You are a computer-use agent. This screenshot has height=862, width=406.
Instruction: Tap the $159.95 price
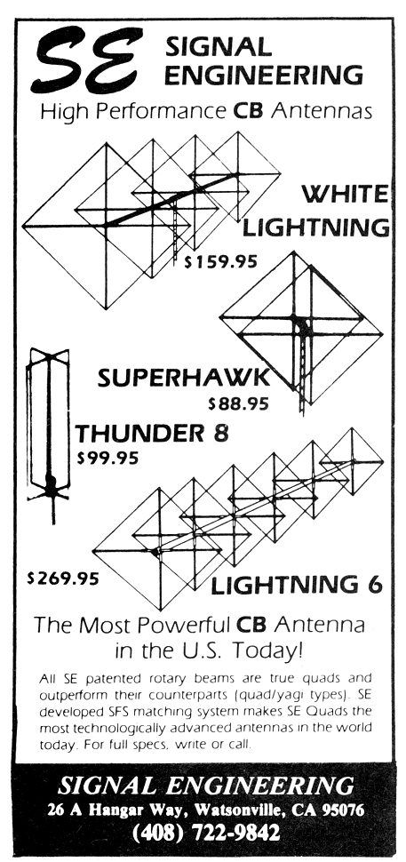tap(221, 261)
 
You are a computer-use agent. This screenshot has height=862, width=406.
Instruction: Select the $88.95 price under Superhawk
tap(238, 404)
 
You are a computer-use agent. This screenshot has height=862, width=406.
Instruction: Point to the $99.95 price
tap(107, 458)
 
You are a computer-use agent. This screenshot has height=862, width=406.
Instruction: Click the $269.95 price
tap(63, 579)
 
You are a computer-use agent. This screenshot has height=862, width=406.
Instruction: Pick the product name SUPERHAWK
tap(184, 378)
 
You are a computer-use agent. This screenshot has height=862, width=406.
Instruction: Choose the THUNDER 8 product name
tap(152, 433)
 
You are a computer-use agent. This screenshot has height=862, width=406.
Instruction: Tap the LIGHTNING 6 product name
tap(297, 586)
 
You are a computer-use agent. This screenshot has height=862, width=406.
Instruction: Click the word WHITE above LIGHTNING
tap(345, 194)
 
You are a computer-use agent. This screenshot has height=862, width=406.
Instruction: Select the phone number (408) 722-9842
tap(206, 833)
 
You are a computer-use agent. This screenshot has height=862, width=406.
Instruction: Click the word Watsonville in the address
tap(238, 810)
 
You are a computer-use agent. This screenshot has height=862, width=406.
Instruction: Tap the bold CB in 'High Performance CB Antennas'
tap(249, 112)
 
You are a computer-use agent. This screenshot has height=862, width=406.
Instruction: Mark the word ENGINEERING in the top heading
tap(264, 75)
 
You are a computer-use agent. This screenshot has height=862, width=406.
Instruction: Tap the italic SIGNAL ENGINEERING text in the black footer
tap(206, 786)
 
